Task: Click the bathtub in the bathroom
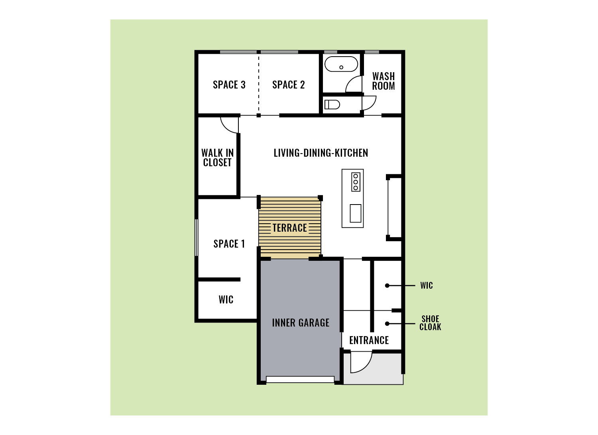(x=341, y=64)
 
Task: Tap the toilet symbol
(x=332, y=104)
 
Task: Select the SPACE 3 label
(x=229, y=85)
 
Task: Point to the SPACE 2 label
(x=288, y=85)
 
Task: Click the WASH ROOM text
(x=384, y=81)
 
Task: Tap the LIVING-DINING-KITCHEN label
(x=321, y=153)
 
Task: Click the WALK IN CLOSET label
(x=217, y=157)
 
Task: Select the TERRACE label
(x=290, y=228)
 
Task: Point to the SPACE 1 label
(x=229, y=244)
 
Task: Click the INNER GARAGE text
(x=301, y=323)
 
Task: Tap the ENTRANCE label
(x=369, y=340)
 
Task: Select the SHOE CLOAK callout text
(x=430, y=323)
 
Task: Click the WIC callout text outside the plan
(x=426, y=285)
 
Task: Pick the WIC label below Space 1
(x=226, y=299)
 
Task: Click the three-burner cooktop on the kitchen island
(x=356, y=182)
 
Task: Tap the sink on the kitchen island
(x=355, y=213)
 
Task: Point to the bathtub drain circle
(x=341, y=67)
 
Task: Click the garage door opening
(x=300, y=380)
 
